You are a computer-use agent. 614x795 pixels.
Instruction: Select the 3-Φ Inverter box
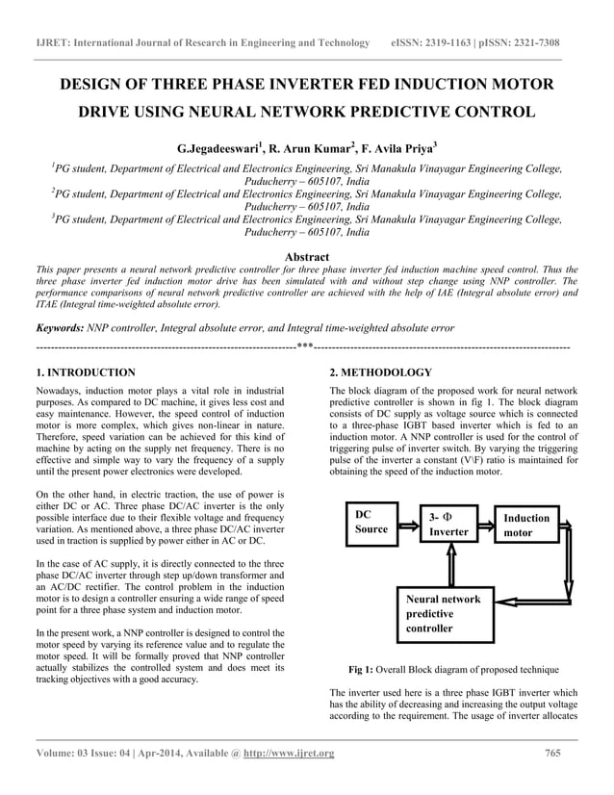448,525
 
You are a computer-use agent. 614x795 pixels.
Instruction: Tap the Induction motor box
526,525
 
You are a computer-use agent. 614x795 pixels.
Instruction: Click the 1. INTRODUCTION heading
86,372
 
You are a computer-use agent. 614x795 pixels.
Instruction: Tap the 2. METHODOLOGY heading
381,372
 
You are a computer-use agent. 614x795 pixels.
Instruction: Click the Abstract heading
307,257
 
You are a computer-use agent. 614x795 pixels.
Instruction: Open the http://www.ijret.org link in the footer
291,753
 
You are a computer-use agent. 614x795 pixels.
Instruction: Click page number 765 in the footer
552,753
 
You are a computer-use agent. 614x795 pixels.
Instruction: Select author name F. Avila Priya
396,149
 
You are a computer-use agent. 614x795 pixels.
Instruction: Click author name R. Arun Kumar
311,149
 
